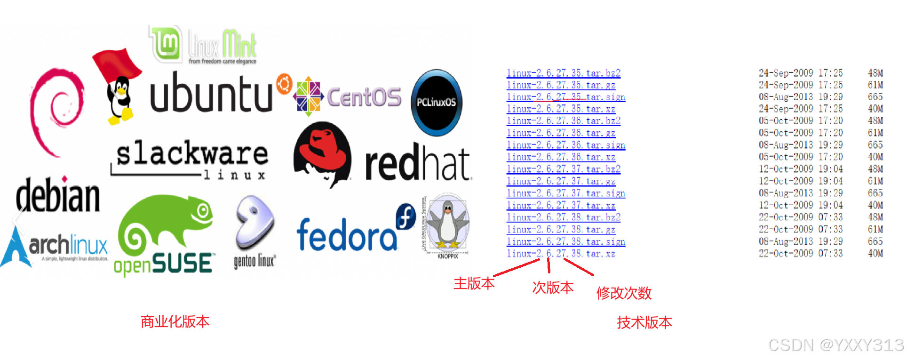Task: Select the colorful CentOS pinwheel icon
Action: click(308, 96)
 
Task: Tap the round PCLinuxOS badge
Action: click(437, 102)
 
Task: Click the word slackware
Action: click(192, 154)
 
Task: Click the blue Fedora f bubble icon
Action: click(406, 216)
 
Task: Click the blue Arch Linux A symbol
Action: click(17, 247)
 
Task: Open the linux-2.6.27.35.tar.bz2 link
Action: click(563, 73)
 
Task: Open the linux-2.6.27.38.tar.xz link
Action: click(561, 254)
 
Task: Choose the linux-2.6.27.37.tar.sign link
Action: click(565, 193)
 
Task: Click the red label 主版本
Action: click(474, 283)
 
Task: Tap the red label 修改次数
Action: click(624, 293)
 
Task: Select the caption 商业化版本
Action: click(175, 322)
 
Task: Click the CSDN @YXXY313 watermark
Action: click(836, 345)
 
